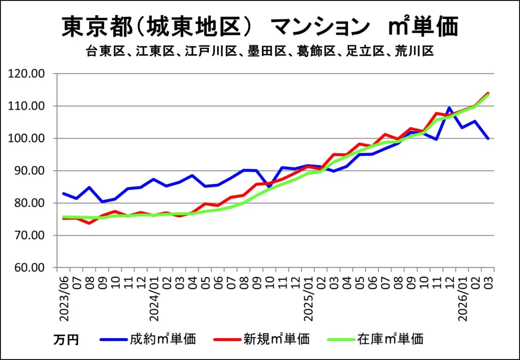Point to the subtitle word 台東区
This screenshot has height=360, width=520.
[x=102, y=52]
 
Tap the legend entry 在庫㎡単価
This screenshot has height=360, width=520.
[x=390, y=339]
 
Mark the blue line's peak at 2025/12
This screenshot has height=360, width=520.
[x=449, y=108]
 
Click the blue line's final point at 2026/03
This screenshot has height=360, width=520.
[x=488, y=139]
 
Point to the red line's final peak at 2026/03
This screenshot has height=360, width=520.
[x=488, y=93]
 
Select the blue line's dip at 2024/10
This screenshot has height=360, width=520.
[x=270, y=187]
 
